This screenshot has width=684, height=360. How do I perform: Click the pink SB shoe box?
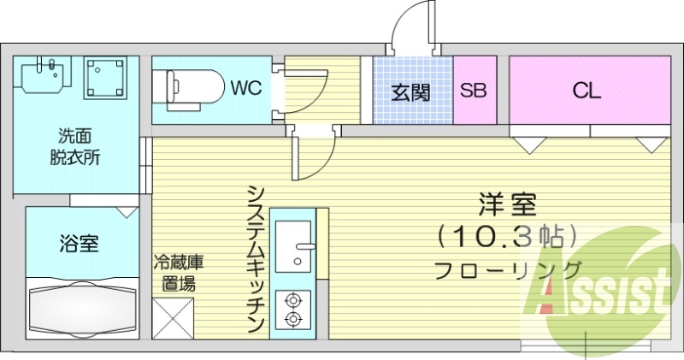coord(474,90)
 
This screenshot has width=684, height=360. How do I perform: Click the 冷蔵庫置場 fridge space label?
coord(179,273)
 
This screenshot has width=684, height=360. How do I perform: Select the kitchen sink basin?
coord(293,246)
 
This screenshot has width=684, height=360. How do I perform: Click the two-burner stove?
coord(293,310)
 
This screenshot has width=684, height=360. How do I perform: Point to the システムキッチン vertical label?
coord(255,257)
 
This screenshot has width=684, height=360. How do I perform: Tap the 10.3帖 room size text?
coord(508,234)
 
